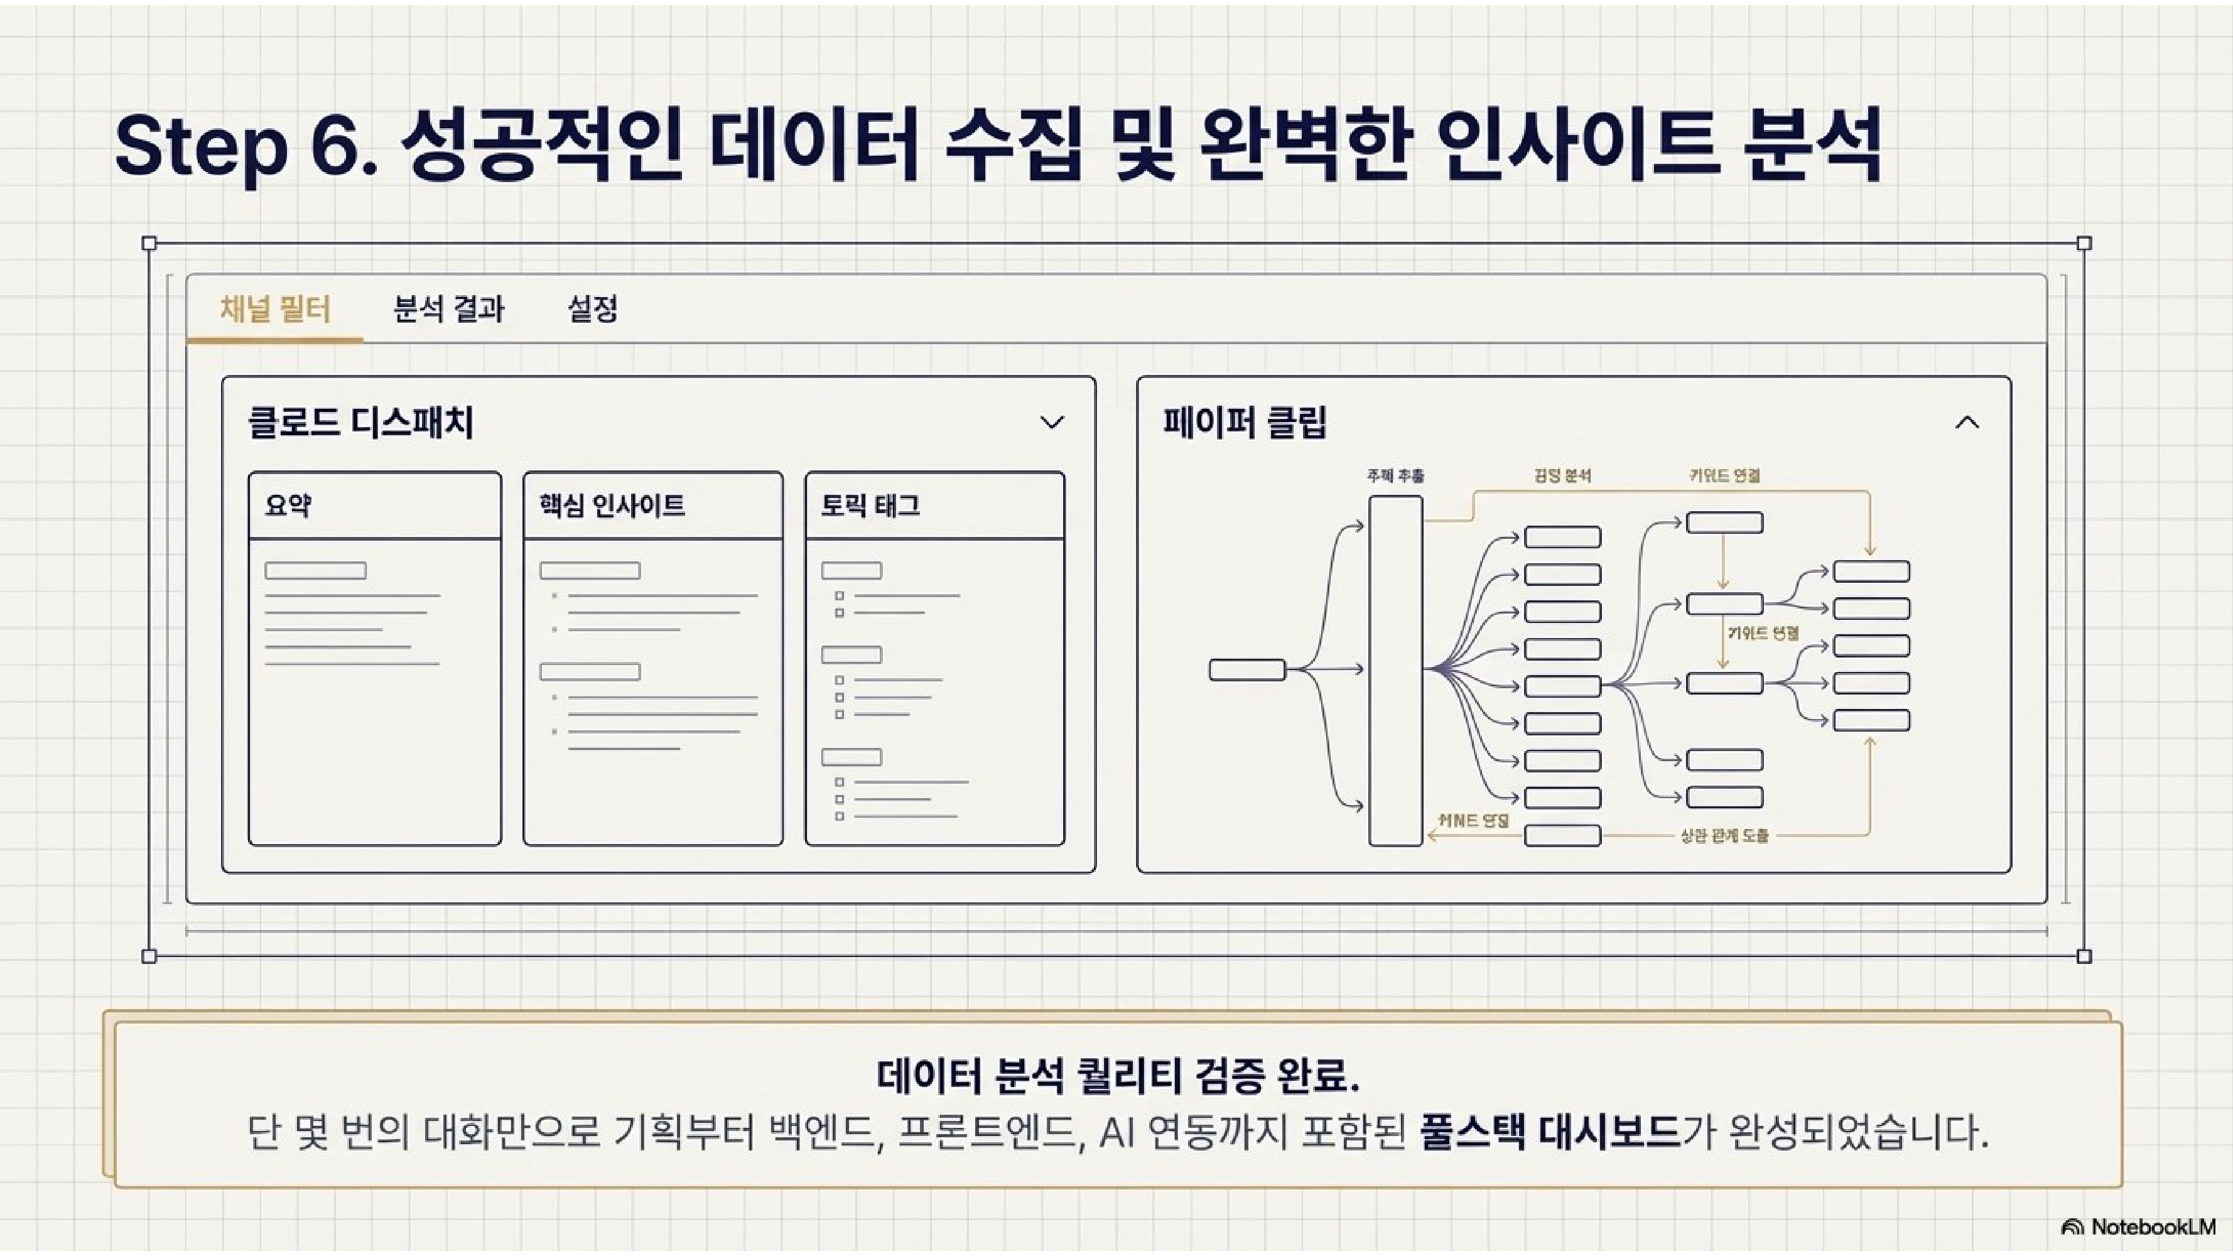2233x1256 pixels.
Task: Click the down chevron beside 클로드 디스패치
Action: click(x=1051, y=423)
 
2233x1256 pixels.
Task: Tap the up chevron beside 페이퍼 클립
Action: click(x=1967, y=423)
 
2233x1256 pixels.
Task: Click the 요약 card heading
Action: click(x=289, y=506)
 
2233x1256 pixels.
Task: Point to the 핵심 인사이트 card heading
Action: click(x=612, y=506)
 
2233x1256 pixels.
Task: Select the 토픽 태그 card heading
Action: click(x=870, y=506)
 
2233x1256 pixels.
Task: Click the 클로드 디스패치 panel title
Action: click(x=360, y=423)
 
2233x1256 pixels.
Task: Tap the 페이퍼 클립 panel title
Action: click(x=1244, y=423)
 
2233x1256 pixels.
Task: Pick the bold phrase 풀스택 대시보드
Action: click(x=1550, y=1133)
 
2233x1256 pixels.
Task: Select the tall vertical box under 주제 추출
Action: click(x=1395, y=670)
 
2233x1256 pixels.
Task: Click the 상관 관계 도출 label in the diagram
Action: click(x=1724, y=836)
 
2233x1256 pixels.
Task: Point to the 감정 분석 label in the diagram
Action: click(x=1562, y=476)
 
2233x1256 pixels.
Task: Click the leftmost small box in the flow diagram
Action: click(x=1246, y=670)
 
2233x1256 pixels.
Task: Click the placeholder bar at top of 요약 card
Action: click(x=315, y=570)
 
